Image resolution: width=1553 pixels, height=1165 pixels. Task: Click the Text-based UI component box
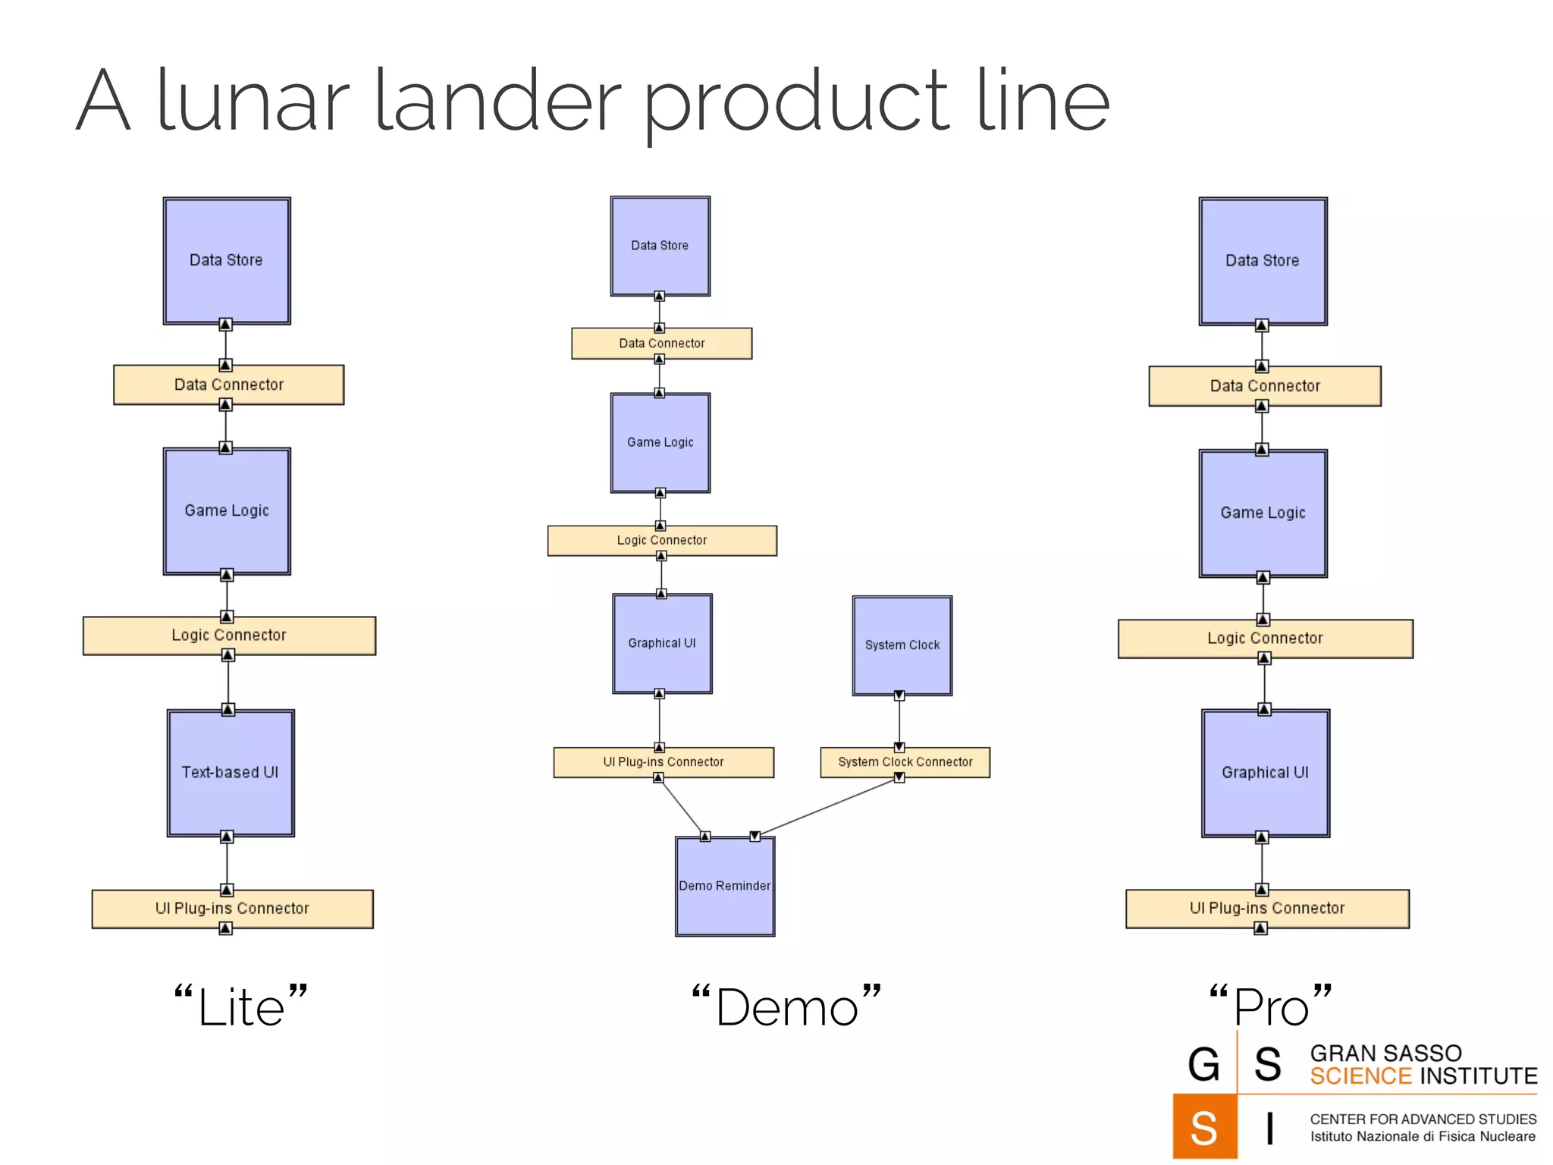tap(231, 773)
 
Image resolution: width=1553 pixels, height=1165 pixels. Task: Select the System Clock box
tap(902, 645)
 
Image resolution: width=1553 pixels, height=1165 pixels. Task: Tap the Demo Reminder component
tap(725, 886)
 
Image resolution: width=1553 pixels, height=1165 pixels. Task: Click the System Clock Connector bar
tap(905, 761)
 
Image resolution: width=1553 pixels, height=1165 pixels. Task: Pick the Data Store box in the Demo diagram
tap(660, 246)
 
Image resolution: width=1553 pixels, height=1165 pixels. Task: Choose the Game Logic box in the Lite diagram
tap(227, 510)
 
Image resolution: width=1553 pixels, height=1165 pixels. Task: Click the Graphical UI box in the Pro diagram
tap(1265, 773)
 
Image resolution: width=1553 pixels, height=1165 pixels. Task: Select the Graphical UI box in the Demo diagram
tap(661, 643)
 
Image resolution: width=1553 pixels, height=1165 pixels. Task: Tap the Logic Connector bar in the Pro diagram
tap(1265, 639)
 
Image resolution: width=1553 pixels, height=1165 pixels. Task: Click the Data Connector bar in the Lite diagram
tap(228, 385)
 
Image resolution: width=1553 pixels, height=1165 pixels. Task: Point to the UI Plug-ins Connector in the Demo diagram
tap(663, 761)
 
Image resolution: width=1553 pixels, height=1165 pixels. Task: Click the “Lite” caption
tap(241, 1007)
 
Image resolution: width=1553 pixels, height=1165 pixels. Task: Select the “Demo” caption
tap(786, 1007)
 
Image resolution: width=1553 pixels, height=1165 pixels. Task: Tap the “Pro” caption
tap(1270, 1007)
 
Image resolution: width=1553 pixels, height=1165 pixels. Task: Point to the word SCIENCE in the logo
tap(1360, 1076)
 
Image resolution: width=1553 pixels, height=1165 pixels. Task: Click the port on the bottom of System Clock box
tap(899, 696)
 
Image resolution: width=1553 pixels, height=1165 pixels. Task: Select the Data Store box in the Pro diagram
tap(1263, 261)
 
